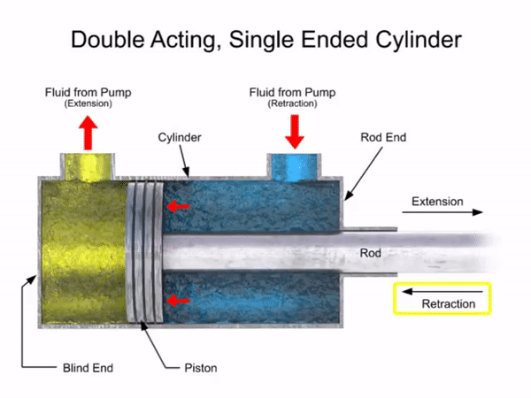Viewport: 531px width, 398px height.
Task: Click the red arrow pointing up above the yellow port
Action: [x=88, y=134]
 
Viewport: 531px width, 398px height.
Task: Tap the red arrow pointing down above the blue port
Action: [x=295, y=132]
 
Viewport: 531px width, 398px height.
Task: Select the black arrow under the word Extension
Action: [x=447, y=213]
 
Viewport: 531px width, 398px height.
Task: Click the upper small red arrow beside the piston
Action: [x=178, y=207]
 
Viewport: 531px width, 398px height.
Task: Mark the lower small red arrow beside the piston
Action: [x=178, y=301]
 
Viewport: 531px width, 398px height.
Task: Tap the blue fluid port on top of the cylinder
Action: [x=295, y=165]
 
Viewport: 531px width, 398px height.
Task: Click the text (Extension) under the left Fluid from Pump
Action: [x=88, y=103]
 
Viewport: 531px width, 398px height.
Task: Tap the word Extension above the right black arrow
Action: [x=437, y=202]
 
